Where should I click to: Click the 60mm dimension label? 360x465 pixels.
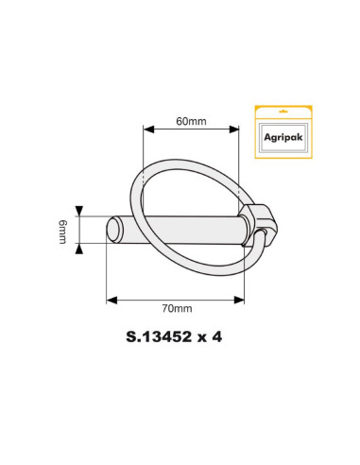pos(191,122)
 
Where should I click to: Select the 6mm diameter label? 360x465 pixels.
pos(62,231)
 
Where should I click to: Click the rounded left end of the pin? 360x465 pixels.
pos(112,230)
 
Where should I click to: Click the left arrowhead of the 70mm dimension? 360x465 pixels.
pos(111,299)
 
